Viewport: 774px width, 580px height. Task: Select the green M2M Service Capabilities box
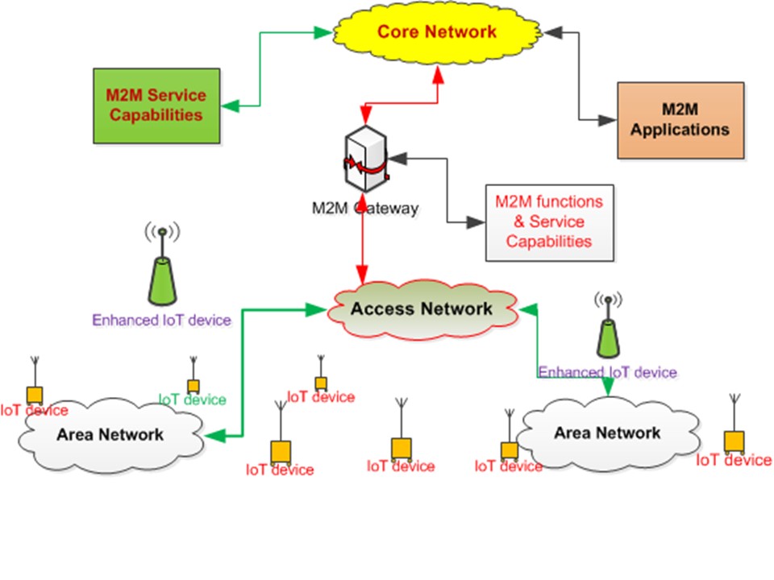(156, 105)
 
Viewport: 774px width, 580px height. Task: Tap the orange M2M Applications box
(680, 119)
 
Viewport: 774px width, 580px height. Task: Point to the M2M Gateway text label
(365, 209)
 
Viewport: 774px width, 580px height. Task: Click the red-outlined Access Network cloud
(421, 309)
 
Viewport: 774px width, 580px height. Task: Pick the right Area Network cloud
(606, 433)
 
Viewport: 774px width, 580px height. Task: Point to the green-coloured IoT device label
(192, 400)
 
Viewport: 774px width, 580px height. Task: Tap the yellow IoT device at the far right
(734, 441)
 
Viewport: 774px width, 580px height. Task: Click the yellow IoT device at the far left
(34, 395)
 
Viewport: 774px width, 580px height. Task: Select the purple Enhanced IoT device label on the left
(162, 320)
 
